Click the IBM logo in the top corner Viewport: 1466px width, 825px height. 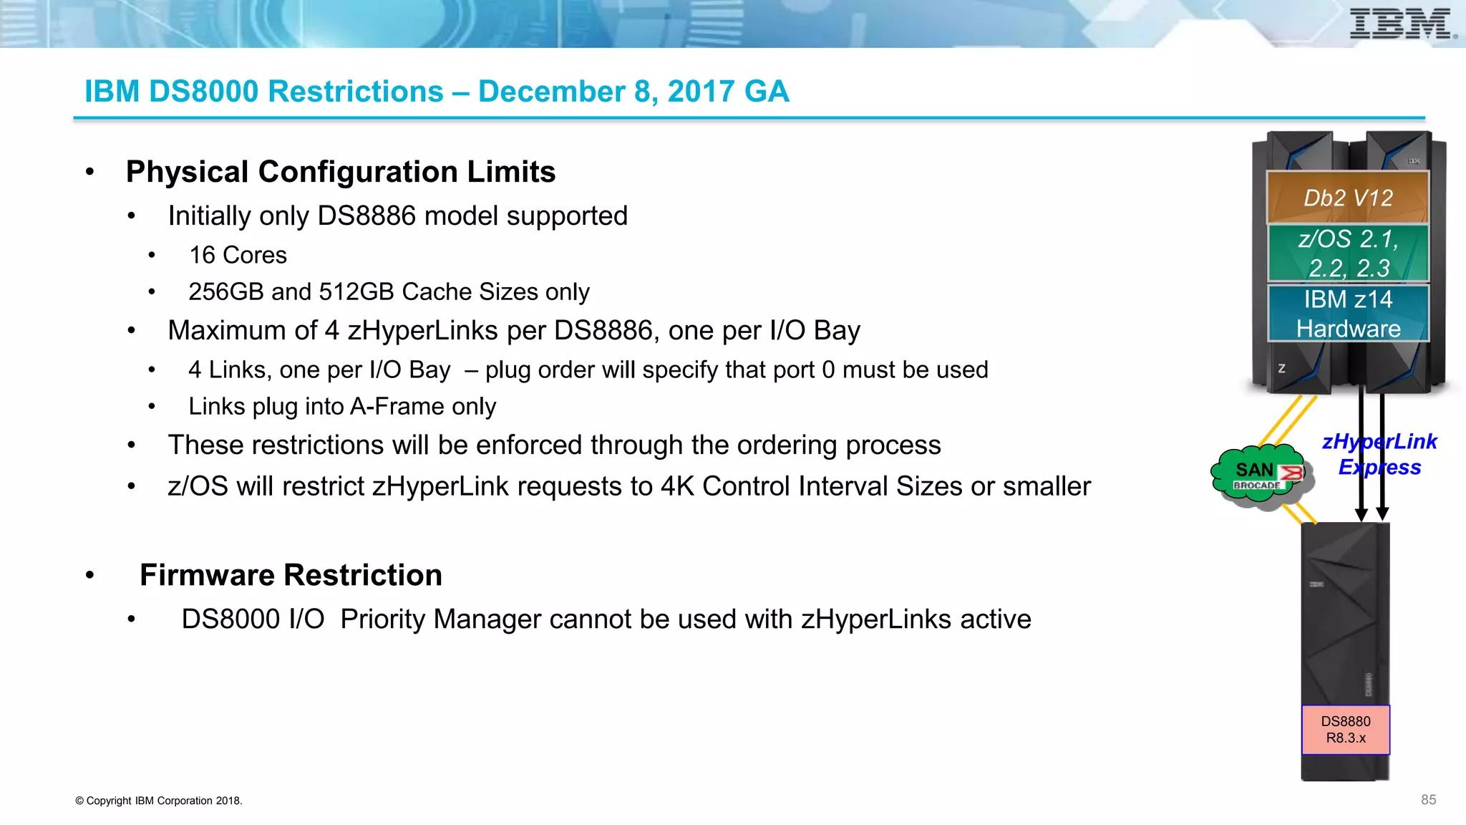[1402, 24]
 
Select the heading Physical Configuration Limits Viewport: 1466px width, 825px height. [341, 172]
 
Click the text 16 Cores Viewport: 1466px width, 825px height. [238, 255]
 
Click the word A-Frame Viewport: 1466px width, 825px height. [398, 407]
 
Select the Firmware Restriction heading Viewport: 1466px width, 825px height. [291, 575]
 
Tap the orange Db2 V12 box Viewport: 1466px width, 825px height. [1348, 198]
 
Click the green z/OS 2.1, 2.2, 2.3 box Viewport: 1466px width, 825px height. [1348, 254]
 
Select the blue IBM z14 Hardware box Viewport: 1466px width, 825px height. [1348, 314]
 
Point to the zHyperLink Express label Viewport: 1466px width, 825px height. [1379, 454]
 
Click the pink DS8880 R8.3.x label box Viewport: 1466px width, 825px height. [1346, 730]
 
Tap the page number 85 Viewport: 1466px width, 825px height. [1428, 800]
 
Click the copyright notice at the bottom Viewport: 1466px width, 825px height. [159, 801]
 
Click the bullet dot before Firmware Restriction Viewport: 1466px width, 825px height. [89, 575]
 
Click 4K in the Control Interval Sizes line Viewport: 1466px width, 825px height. [677, 487]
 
